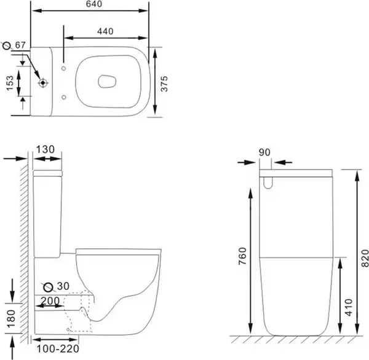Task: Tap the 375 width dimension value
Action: point(164,82)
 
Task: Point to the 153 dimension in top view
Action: point(10,82)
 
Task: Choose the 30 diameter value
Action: point(61,286)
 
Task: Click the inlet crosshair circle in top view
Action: point(42,82)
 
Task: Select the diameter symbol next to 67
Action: point(7,46)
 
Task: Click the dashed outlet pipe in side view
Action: point(78,313)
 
